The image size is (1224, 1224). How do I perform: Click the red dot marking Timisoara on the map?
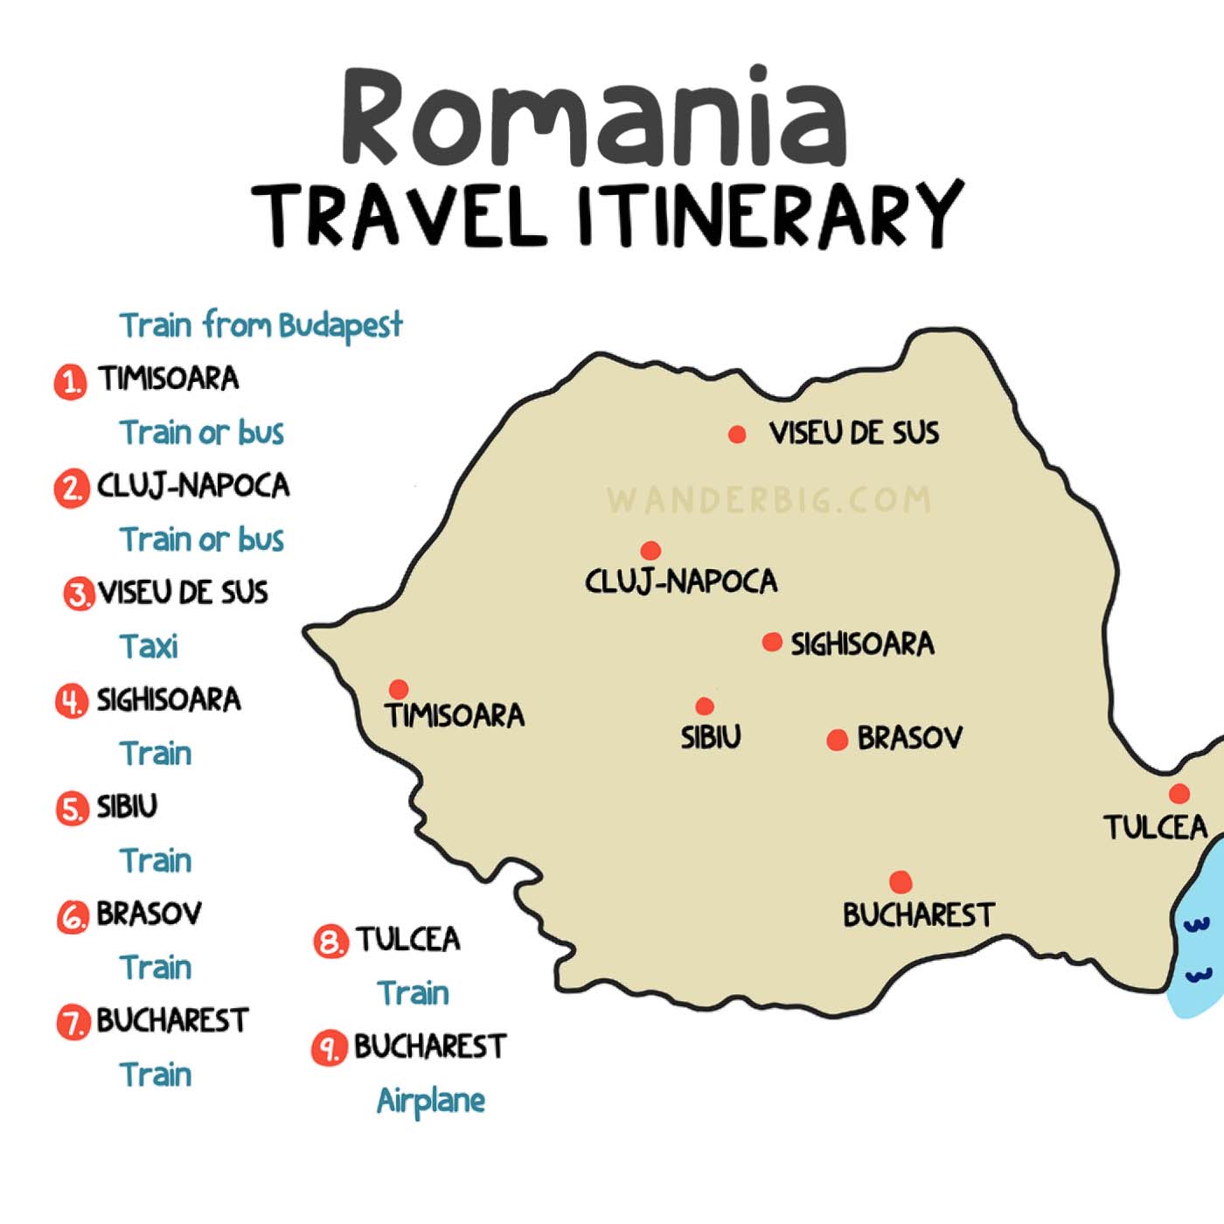[x=399, y=689]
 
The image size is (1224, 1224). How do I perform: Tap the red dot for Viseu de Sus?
[x=737, y=434]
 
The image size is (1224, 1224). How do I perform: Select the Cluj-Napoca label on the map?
[x=681, y=581]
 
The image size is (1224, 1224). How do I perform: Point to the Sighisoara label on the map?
[x=862, y=644]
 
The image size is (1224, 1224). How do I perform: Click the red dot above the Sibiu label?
[x=705, y=706]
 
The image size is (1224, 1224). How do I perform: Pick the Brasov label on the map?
[x=909, y=738]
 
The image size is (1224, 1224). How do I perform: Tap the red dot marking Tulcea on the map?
[x=1179, y=794]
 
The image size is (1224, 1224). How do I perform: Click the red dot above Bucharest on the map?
[x=901, y=881]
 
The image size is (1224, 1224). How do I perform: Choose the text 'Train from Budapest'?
[x=261, y=325]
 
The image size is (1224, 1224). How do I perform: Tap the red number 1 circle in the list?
[x=71, y=382]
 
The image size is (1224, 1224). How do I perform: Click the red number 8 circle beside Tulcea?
[x=330, y=942]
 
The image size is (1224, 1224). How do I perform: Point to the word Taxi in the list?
[x=149, y=647]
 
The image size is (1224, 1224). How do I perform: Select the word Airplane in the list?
[x=430, y=1101]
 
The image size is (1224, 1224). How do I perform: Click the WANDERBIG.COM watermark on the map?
[x=769, y=500]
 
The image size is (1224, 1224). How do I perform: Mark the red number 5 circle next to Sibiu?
[x=72, y=809]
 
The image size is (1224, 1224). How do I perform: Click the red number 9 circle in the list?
[x=328, y=1048]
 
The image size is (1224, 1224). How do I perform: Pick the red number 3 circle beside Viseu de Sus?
[x=79, y=595]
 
